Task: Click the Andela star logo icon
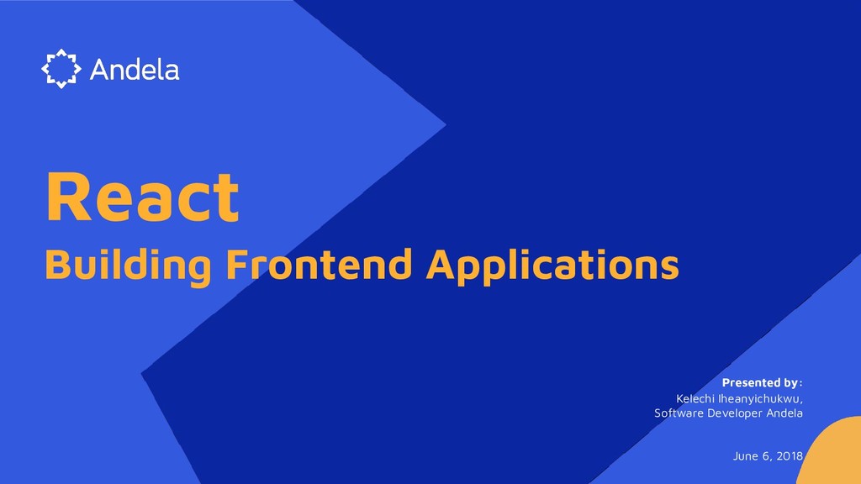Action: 61,69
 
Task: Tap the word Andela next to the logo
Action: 135,69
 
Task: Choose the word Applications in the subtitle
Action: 552,267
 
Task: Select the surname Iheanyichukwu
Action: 760,398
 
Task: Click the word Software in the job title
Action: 678,413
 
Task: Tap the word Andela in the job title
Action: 784,413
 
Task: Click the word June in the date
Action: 746,455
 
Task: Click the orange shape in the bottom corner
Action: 832,458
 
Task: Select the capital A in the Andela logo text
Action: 99,69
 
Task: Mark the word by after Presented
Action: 790,384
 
